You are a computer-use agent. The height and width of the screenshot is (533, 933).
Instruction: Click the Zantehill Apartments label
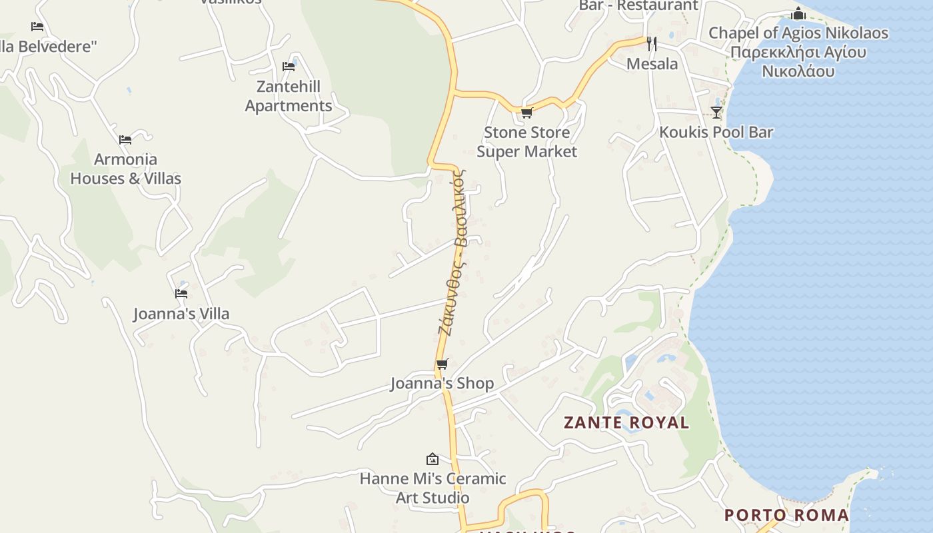tap(289, 96)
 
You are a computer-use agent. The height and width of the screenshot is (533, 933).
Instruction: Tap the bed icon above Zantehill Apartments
tap(289, 66)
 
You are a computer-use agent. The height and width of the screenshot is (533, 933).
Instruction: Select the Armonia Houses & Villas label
tap(126, 169)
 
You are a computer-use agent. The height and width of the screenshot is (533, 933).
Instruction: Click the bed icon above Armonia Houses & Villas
tap(125, 139)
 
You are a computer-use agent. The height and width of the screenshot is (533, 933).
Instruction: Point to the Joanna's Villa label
tap(181, 314)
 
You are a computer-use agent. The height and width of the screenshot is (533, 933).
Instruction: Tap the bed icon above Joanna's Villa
tap(181, 293)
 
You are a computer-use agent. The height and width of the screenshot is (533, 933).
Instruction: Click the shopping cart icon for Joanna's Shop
tap(442, 364)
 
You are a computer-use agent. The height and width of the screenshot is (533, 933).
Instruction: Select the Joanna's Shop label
tap(442, 383)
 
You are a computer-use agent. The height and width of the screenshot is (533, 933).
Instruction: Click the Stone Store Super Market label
tap(526, 142)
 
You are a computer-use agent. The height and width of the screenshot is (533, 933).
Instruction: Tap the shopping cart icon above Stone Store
tap(526, 113)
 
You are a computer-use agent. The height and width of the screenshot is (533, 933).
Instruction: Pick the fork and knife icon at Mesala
tap(652, 44)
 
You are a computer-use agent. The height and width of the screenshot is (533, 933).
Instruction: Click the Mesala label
tap(652, 64)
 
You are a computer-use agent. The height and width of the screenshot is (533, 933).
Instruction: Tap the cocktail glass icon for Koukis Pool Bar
tap(716, 112)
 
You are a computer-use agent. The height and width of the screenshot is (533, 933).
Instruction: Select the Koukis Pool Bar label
tap(716, 132)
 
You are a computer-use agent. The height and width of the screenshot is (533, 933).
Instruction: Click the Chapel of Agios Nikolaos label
tap(798, 51)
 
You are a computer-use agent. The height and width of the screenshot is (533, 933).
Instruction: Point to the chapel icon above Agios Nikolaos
tap(798, 13)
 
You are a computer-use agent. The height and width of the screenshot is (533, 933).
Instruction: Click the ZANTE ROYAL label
tap(626, 422)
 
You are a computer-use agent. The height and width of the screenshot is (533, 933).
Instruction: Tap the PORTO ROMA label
tap(786, 515)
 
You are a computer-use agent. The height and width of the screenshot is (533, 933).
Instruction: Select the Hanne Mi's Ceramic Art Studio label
tap(433, 488)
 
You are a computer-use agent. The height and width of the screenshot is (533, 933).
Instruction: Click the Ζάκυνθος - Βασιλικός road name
tap(453, 253)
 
